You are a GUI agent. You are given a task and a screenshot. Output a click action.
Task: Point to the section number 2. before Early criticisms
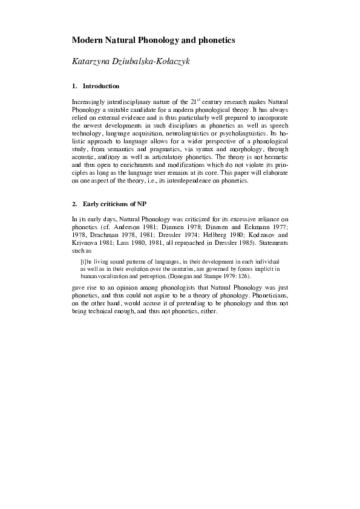point(74,203)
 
